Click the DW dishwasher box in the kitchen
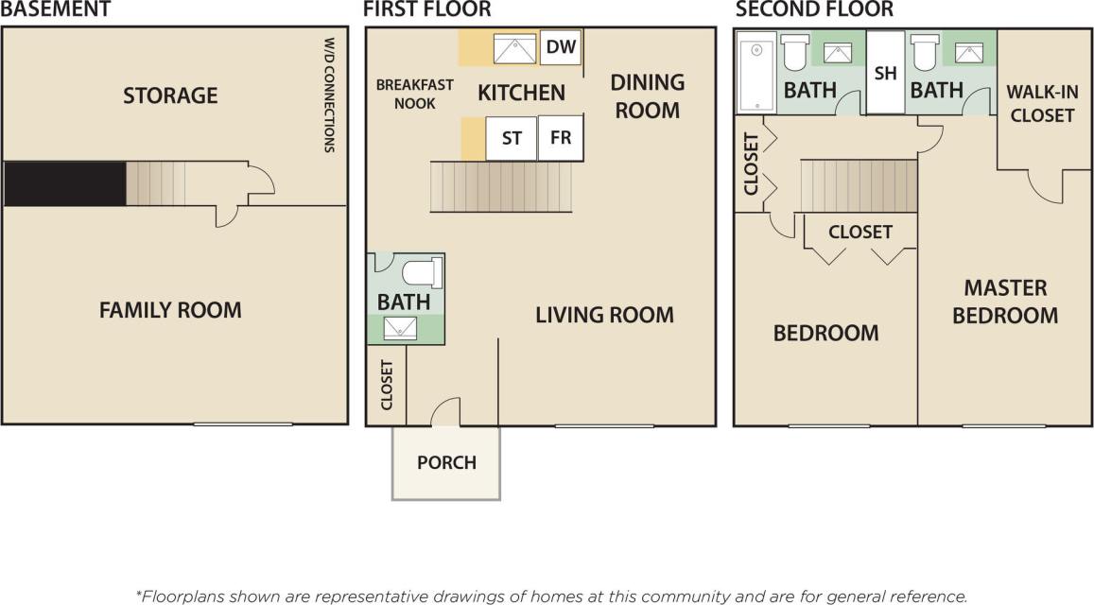point(561,47)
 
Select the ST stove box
point(512,138)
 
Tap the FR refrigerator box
point(561,138)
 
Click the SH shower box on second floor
point(885,73)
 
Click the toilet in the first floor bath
point(422,273)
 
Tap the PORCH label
point(446,463)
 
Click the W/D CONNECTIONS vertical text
point(330,95)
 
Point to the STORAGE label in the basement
point(170,95)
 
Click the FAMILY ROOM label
point(170,310)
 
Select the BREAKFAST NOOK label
point(414,94)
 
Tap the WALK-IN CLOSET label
point(1040,104)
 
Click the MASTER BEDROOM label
point(1005,302)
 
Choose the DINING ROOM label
point(648,95)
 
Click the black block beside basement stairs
point(65,183)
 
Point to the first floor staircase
point(501,186)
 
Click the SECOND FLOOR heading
point(814,10)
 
